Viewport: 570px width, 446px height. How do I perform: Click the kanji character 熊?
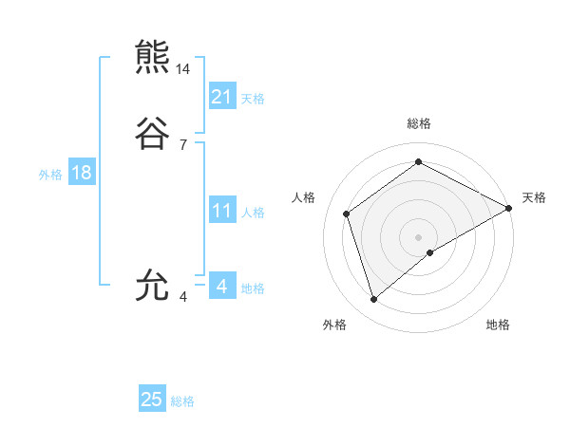pyautogui.click(x=154, y=57)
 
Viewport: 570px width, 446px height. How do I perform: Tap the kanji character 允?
pyautogui.click(x=154, y=284)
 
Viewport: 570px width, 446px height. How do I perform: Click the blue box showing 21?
pyautogui.click(x=222, y=96)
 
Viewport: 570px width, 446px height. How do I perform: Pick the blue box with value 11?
pyautogui.click(x=222, y=211)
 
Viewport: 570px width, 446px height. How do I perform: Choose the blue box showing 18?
pyautogui.click(x=81, y=173)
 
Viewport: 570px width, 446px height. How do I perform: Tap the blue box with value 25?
pyautogui.click(x=152, y=400)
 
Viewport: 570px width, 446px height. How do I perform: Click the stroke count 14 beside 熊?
pyautogui.click(x=183, y=69)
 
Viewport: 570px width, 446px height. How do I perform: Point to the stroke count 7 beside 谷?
pyautogui.click(x=183, y=145)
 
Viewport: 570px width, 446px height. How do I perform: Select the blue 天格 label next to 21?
pyautogui.click(x=253, y=98)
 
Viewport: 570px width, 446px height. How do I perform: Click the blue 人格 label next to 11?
pyautogui.click(x=254, y=213)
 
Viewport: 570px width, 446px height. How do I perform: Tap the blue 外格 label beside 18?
pyautogui.click(x=50, y=175)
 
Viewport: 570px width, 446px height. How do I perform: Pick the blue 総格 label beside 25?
pyautogui.click(x=183, y=401)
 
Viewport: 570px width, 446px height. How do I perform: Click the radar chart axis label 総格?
pyautogui.click(x=419, y=123)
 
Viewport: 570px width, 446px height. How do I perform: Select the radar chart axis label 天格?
pyautogui.click(x=534, y=197)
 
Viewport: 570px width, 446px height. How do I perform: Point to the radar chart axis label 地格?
pyautogui.click(x=498, y=325)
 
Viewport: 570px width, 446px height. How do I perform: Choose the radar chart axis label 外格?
pyautogui.click(x=334, y=325)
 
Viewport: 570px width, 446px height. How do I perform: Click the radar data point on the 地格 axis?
pyautogui.click(x=430, y=252)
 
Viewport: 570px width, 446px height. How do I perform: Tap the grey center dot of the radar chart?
pyautogui.click(x=419, y=236)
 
